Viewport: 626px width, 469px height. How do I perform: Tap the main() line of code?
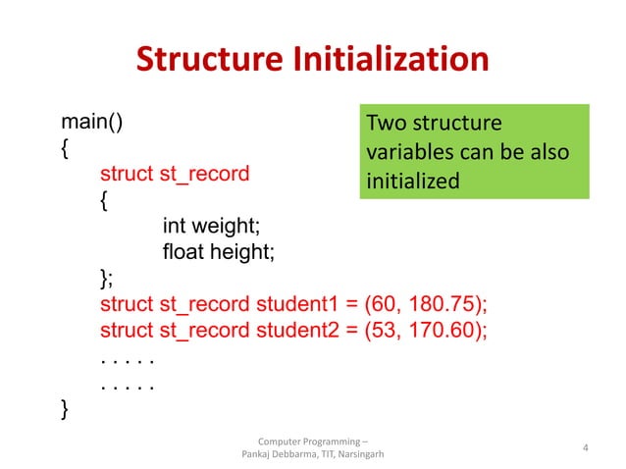[92, 123]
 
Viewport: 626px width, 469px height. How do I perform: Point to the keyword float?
[185, 252]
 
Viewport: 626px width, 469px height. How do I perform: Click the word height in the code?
[244, 252]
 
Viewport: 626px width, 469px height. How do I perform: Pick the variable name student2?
[293, 329]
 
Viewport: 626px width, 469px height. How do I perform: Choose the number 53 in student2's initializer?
[381, 329]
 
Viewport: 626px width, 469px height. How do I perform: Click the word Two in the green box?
[383, 126]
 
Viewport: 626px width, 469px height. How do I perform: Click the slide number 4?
[585, 448]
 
